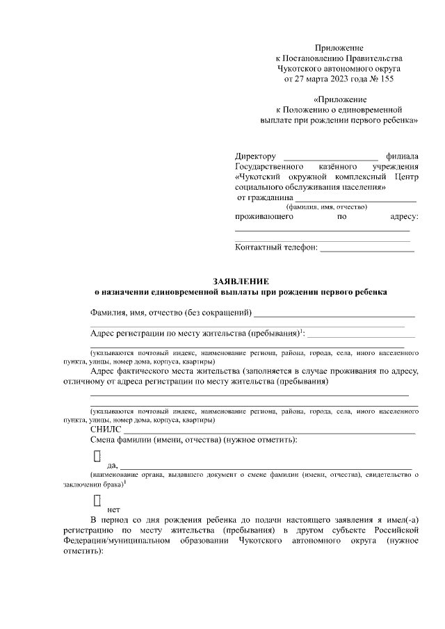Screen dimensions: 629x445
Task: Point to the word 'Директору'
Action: click(x=256, y=156)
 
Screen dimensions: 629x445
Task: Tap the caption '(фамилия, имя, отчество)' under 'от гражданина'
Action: click(x=327, y=207)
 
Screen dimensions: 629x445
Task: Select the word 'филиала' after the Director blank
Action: click(x=403, y=156)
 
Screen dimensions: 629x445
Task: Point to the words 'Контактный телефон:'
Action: click(x=276, y=247)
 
